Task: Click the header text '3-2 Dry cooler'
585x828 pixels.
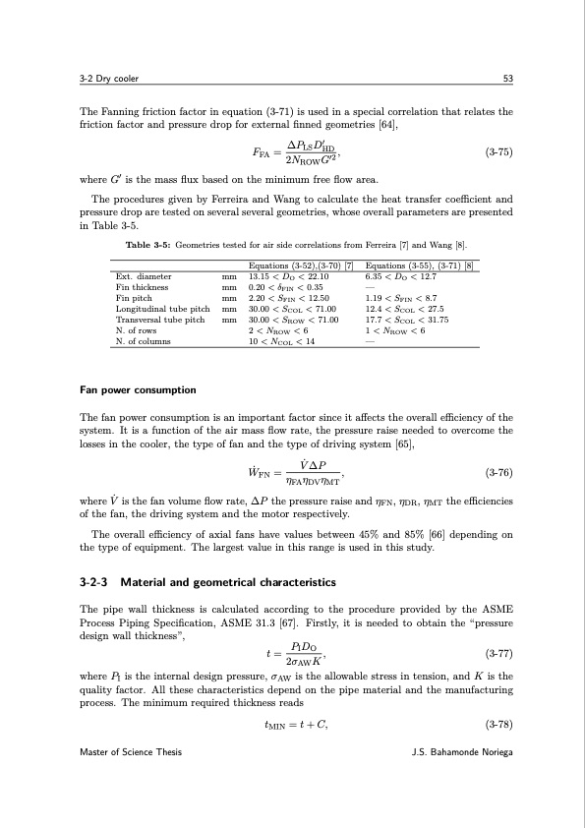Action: tap(111, 78)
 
